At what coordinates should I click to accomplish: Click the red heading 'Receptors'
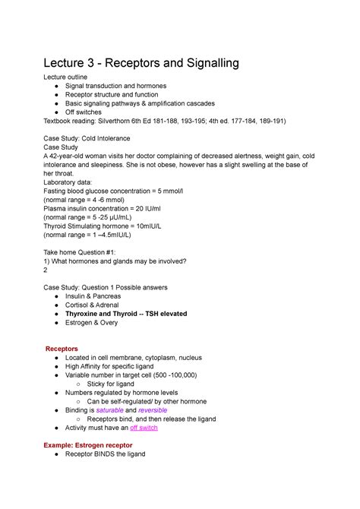(x=68, y=349)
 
